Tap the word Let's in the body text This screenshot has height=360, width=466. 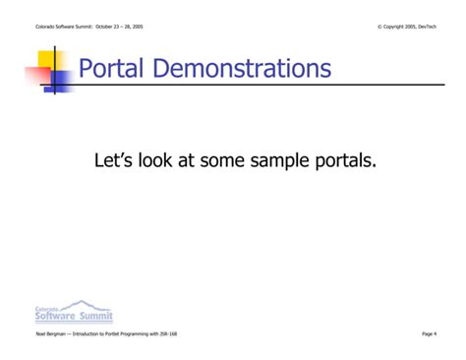(x=114, y=159)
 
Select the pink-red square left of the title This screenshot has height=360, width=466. (x=37, y=77)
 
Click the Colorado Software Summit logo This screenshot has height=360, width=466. (x=74, y=313)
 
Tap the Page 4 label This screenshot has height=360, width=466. (x=429, y=334)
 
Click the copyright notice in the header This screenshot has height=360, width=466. (x=406, y=27)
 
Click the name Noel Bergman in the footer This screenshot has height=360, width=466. (x=48, y=334)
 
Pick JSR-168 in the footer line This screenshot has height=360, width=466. (x=168, y=334)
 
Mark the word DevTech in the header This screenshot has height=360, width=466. (x=427, y=27)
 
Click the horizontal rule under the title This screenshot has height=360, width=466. (x=246, y=87)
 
